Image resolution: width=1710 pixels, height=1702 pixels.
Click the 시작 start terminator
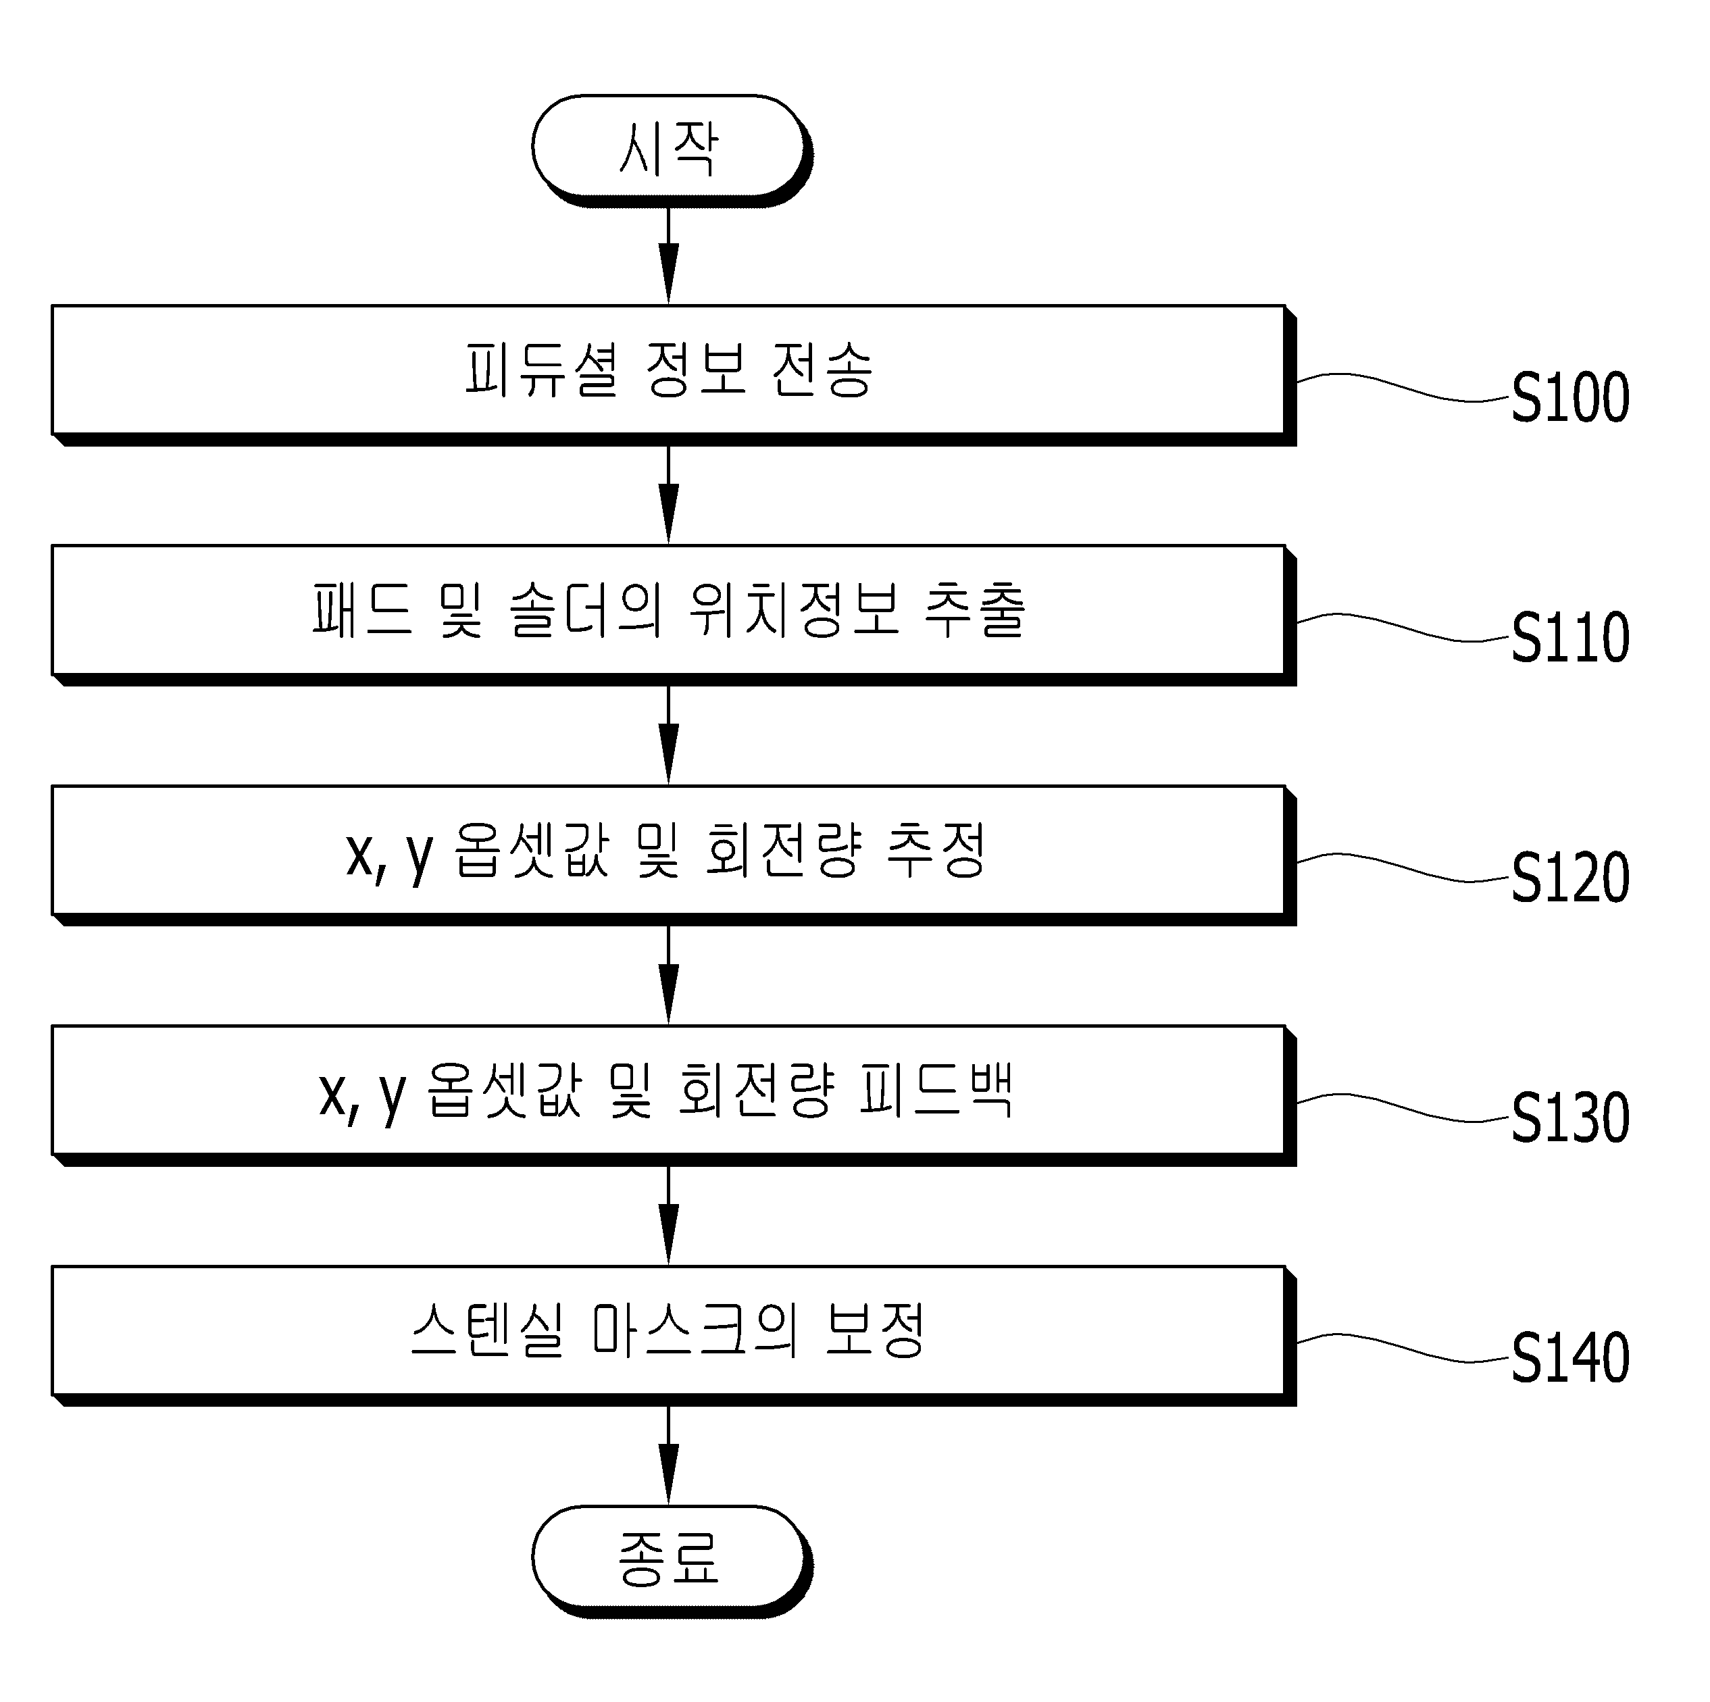click(x=672, y=151)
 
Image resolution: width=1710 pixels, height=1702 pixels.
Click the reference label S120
click(x=1570, y=879)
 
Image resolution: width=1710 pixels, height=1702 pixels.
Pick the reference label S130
click(x=1570, y=1119)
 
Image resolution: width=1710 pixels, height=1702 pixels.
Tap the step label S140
click(x=1570, y=1359)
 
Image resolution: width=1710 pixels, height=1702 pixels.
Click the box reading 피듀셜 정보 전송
click(x=674, y=375)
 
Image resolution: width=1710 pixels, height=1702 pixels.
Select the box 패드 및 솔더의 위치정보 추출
click(x=674, y=615)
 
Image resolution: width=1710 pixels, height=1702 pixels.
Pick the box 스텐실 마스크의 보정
click(x=674, y=1336)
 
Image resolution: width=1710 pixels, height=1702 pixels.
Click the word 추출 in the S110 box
click(x=974, y=611)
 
